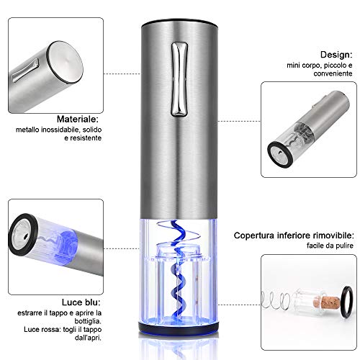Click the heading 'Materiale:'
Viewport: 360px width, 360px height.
78,120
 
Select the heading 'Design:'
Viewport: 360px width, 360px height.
336,55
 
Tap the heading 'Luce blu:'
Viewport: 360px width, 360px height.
81,302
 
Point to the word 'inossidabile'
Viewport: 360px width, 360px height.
61,130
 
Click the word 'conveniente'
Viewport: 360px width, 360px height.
333,73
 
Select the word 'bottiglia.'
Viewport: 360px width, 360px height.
88,321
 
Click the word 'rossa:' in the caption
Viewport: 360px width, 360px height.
50,330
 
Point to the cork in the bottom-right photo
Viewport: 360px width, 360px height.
328,303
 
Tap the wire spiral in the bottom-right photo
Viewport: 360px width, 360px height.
276,300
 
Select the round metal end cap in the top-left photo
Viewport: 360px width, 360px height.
65,62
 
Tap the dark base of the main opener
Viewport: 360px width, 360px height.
179,328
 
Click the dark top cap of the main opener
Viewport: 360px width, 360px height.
179,22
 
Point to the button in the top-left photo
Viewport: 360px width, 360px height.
26,71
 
